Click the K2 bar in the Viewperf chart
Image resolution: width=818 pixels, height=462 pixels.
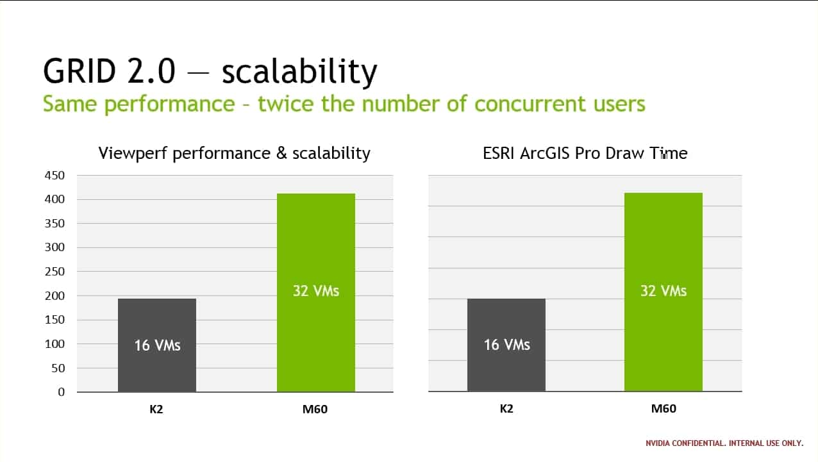(157, 345)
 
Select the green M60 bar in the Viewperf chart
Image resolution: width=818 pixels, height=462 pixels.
(316, 293)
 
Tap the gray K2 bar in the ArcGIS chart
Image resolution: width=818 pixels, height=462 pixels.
(506, 345)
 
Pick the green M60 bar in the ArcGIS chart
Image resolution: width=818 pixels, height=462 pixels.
(664, 292)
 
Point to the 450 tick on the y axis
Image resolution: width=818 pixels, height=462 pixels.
(54, 176)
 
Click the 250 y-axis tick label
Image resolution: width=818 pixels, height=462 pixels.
(54, 272)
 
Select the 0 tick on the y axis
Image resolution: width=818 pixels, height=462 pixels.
(61, 392)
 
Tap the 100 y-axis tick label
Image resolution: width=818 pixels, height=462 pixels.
(54, 343)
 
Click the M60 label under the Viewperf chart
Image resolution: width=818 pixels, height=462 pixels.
(315, 409)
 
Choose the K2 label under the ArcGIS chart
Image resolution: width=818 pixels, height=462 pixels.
(506, 408)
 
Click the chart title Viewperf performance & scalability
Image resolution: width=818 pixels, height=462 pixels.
(235, 153)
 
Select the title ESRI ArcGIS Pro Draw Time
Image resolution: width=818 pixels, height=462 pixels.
(585, 153)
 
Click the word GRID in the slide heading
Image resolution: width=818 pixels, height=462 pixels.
(79, 70)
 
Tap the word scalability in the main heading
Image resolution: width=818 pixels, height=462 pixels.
(299, 72)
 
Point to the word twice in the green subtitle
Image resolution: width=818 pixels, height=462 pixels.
(285, 103)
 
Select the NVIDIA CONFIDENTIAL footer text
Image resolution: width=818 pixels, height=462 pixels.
(724, 443)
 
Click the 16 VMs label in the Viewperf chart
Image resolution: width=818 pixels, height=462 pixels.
(158, 345)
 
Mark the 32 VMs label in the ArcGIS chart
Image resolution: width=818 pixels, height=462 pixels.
(664, 291)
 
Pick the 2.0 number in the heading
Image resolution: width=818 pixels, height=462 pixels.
(151, 70)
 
